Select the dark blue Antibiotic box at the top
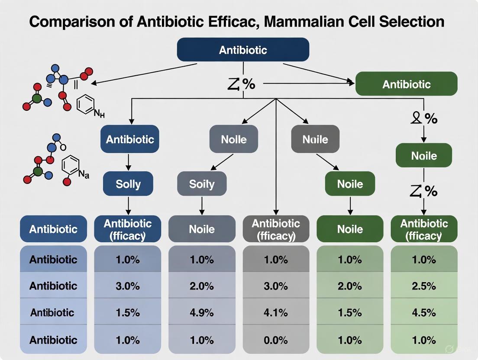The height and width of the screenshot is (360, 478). pos(243,50)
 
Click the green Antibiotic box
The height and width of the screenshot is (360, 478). pos(406,84)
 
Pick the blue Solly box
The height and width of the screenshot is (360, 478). pos(128,184)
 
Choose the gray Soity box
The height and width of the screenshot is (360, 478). pos(202,184)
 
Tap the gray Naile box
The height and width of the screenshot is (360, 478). pos(315,139)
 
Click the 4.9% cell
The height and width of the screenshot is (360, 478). pos(202,312)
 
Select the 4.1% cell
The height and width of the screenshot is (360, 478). pos(276,312)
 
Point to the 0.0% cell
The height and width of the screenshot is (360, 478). pos(276,340)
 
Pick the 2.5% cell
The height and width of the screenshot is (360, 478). pos(424,286)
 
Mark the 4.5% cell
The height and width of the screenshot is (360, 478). pos(424,312)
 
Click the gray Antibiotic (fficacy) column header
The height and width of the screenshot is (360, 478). pos(276,229)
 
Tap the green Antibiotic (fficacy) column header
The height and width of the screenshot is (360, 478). pos(424,229)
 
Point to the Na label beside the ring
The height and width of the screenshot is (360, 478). pos(84,175)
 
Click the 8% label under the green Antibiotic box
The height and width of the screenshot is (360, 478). pos(424,118)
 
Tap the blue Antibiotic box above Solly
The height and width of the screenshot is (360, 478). pos(129,139)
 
